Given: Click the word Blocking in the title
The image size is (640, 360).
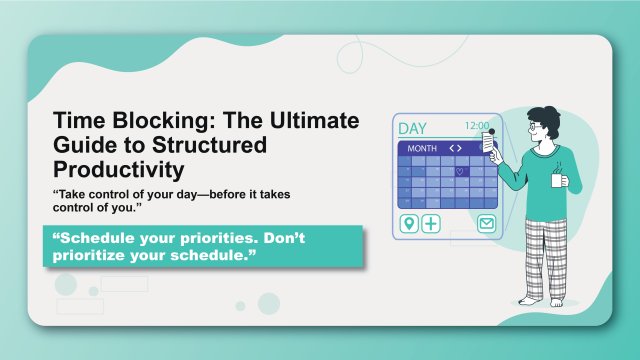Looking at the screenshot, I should click(166, 121).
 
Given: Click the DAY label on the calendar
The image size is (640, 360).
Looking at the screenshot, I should click(412, 128).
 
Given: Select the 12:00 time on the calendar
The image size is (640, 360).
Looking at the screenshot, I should click(476, 126).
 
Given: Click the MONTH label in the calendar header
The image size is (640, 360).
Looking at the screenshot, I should click(422, 148).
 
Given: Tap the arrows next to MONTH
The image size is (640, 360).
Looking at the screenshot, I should click(455, 148).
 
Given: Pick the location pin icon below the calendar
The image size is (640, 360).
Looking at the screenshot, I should click(408, 223).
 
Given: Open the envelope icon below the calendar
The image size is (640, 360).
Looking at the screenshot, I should click(485, 223).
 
